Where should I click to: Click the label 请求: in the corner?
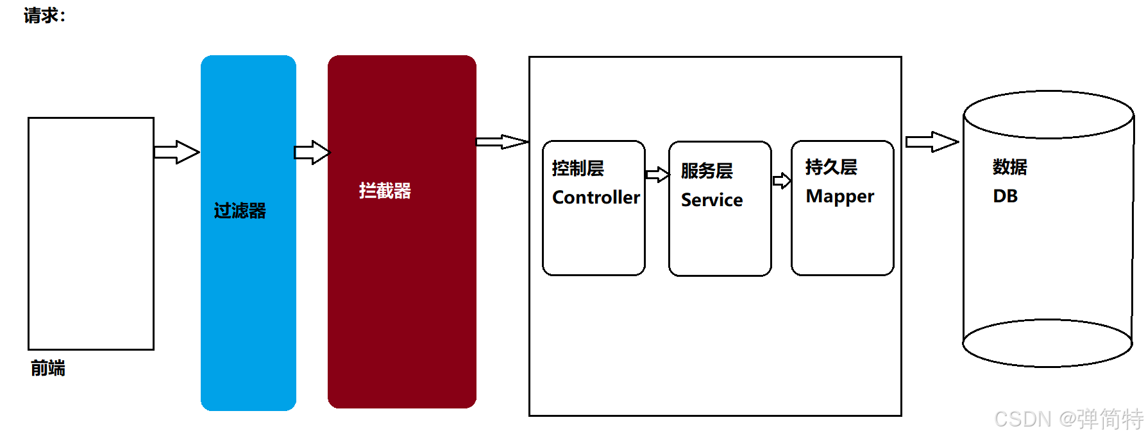coord(44,15)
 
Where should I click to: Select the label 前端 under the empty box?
coord(48,368)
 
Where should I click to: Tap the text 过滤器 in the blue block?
coord(240,211)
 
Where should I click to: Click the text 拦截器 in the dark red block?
coord(385,191)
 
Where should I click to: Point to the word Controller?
coord(596,197)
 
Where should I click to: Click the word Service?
coord(712,200)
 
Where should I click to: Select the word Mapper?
coord(839,196)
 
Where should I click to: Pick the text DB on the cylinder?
coord(1005,196)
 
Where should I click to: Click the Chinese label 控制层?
coord(578,168)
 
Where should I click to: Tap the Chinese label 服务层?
coord(707,171)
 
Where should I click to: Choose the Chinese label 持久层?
coord(831,167)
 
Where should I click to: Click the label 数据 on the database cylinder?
coord(1009,167)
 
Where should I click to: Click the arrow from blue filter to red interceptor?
coord(312,152)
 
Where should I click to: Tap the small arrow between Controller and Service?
coord(657,175)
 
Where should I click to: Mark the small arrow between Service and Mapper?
coord(782,180)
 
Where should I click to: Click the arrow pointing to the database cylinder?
coord(932,142)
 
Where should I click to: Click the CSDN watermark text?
coord(1068,419)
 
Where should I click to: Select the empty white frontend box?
coord(91,234)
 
